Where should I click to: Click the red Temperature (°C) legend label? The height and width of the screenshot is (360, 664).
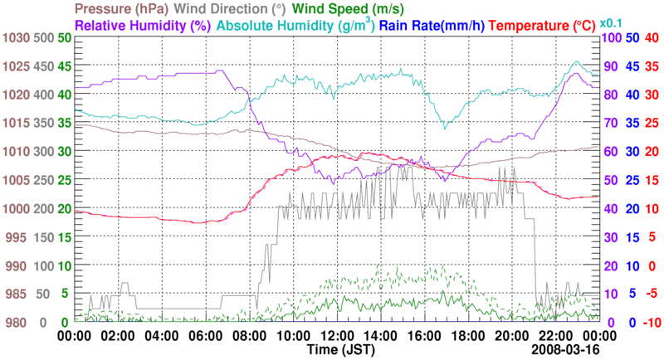[554, 25]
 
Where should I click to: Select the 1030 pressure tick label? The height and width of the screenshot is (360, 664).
[14, 38]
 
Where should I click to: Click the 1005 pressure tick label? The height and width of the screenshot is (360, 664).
[14, 180]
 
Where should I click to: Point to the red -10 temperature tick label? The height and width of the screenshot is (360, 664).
[650, 323]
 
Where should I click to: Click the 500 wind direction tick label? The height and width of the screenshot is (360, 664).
[44, 38]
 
